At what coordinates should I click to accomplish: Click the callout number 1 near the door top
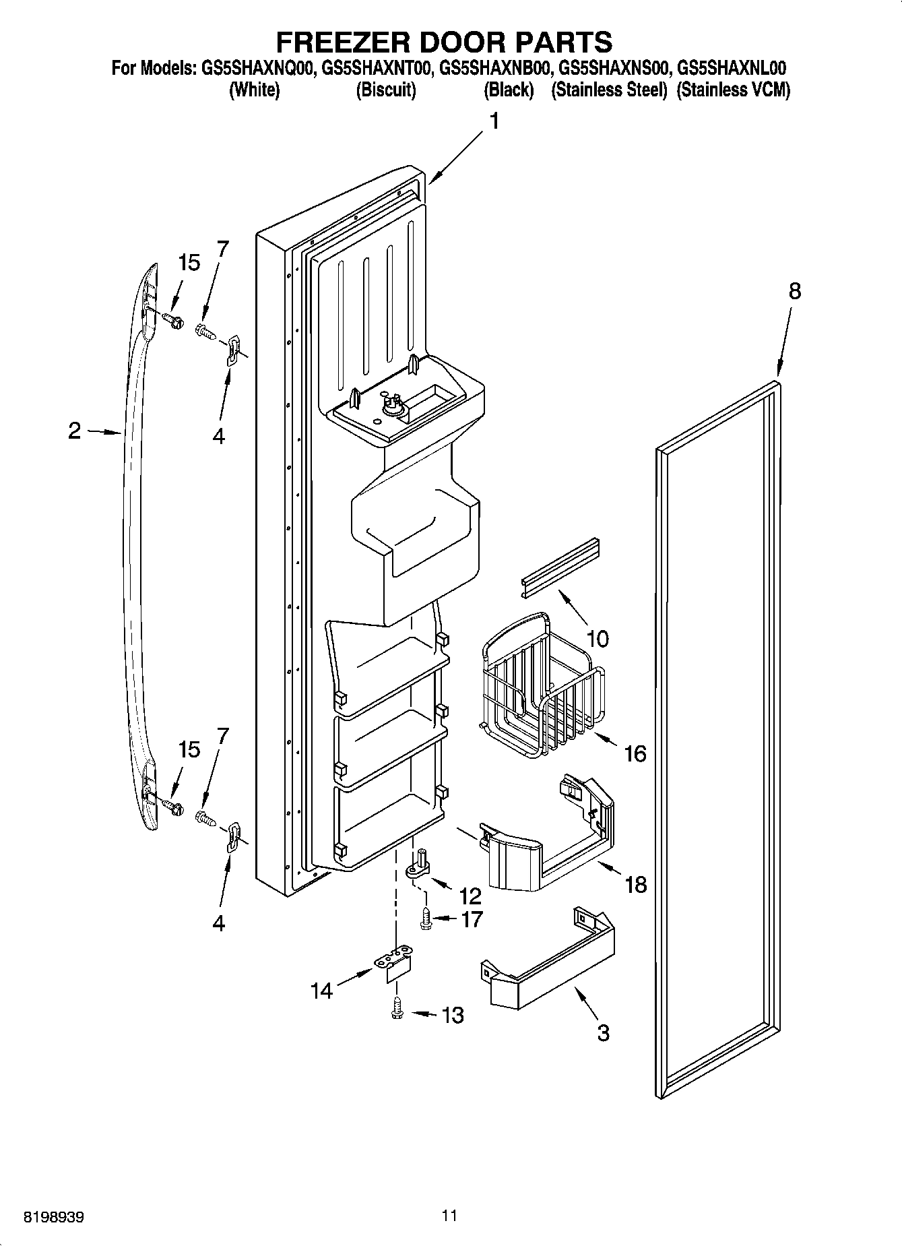click(495, 122)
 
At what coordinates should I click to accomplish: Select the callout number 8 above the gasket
click(795, 291)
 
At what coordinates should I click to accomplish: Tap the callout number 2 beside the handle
click(75, 431)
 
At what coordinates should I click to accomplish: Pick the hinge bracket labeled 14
click(393, 962)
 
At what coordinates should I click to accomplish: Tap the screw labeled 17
click(426, 918)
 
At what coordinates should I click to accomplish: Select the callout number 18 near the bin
click(636, 883)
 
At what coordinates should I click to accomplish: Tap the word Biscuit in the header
click(385, 90)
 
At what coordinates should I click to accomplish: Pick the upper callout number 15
click(189, 263)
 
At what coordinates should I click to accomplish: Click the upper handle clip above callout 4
click(232, 350)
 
